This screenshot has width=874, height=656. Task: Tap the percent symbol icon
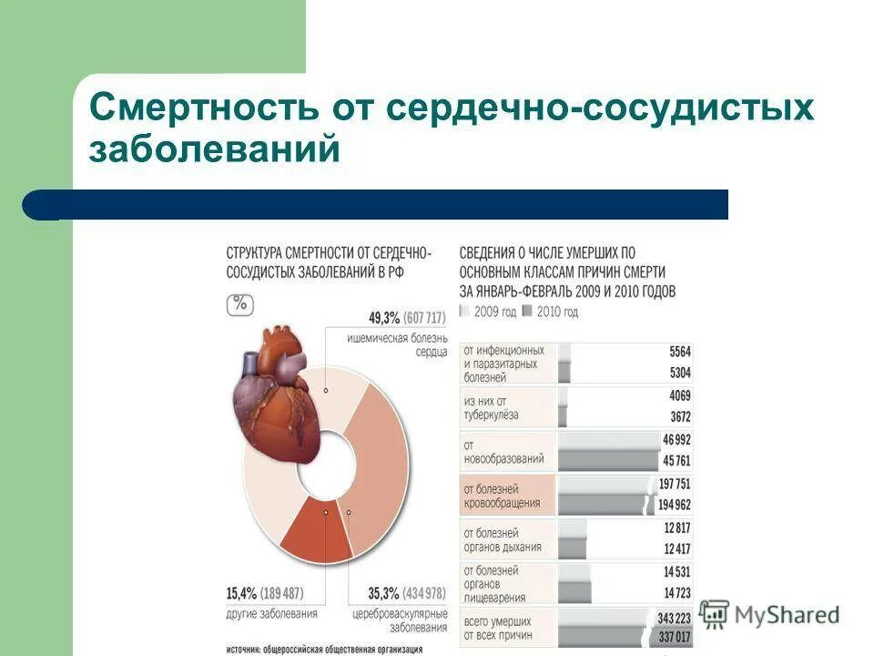tap(239, 303)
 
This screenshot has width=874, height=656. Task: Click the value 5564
tap(679, 352)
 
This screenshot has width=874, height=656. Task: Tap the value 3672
tap(679, 417)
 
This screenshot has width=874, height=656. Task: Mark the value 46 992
tap(675, 439)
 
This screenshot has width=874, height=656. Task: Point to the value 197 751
tap(672, 484)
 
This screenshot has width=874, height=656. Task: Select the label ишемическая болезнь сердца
tap(398, 344)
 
